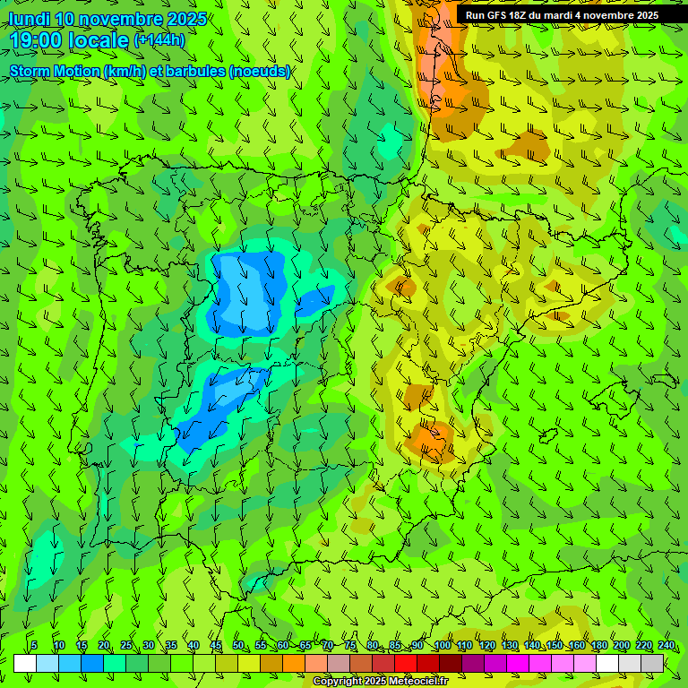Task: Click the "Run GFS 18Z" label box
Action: point(562,15)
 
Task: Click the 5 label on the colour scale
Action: point(34,646)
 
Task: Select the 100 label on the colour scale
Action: point(443,646)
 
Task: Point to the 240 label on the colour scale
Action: point(666,646)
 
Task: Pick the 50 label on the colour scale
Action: point(238,646)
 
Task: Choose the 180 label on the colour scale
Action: point(599,646)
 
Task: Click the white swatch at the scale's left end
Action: point(25,663)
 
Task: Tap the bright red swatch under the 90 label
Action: point(406,663)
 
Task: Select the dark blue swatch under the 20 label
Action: point(92,663)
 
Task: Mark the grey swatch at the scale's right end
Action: point(652,663)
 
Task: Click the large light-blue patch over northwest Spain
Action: point(248,291)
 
